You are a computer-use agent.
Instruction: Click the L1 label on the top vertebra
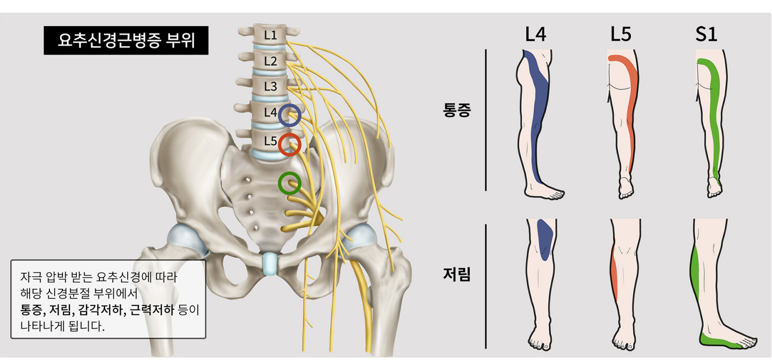point(271,35)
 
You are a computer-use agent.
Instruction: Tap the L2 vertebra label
point(271,61)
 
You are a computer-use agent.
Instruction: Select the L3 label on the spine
point(271,86)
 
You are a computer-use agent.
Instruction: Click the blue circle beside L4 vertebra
point(290,115)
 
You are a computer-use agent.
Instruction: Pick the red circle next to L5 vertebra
point(290,144)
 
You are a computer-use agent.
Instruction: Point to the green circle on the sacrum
point(290,183)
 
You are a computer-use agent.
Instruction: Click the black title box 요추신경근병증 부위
point(126,41)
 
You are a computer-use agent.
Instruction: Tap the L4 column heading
point(536,34)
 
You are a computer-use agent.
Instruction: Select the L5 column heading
point(621,34)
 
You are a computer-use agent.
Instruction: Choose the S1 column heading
point(706,34)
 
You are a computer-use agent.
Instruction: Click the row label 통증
point(457,110)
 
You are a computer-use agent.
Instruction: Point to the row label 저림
point(457,274)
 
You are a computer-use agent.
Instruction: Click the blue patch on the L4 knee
point(545,240)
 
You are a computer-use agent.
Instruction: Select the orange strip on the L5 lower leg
point(614,271)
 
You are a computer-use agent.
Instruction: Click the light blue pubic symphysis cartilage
point(270,264)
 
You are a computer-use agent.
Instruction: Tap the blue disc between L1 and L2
point(270,47)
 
